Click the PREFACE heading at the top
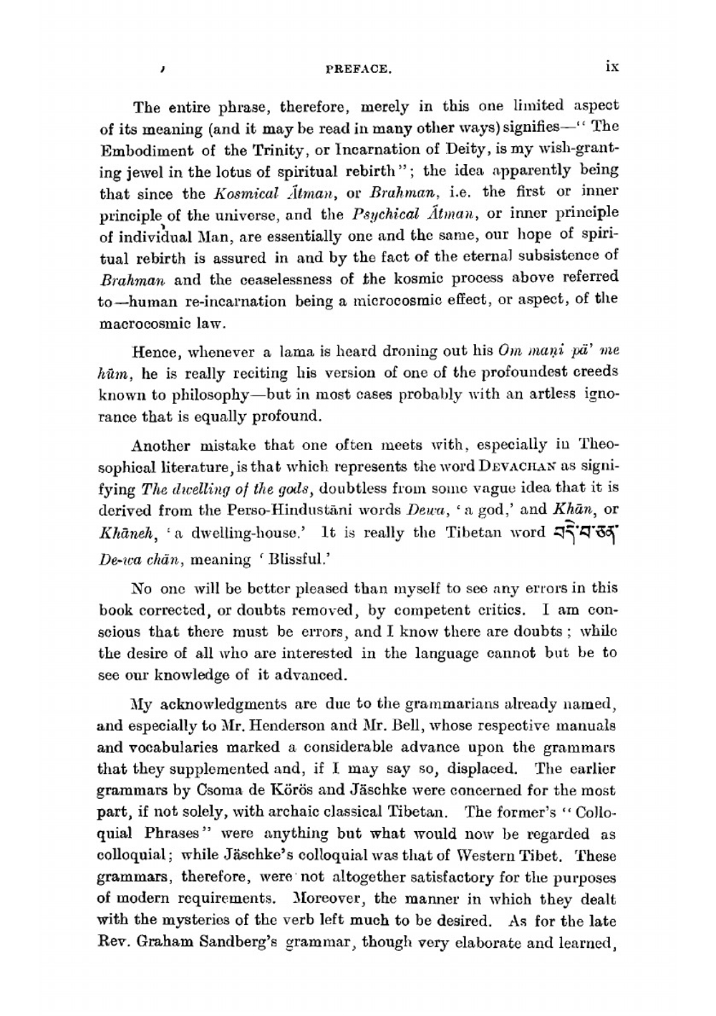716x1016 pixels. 357,70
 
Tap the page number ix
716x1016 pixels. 611,67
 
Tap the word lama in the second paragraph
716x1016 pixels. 294,352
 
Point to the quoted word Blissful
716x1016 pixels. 281,560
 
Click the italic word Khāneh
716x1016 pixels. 121,534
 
